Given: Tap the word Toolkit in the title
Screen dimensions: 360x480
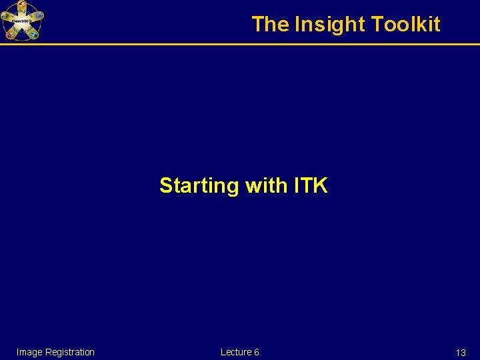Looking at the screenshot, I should pyautogui.click(x=406, y=25).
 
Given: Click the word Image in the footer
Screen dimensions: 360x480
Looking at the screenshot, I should pyautogui.click(x=29, y=352).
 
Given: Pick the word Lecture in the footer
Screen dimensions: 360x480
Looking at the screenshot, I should pyautogui.click(x=235, y=352).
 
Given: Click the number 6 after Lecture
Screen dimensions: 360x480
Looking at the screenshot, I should pyautogui.click(x=257, y=352).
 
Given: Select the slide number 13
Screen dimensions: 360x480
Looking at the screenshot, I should pyautogui.click(x=461, y=353).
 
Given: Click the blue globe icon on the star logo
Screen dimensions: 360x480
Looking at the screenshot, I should pyautogui.click(x=39, y=15).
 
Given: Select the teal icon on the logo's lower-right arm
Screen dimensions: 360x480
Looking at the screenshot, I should pyautogui.click(x=33, y=33).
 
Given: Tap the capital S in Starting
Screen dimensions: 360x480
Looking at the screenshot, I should pyautogui.click(x=165, y=185).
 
